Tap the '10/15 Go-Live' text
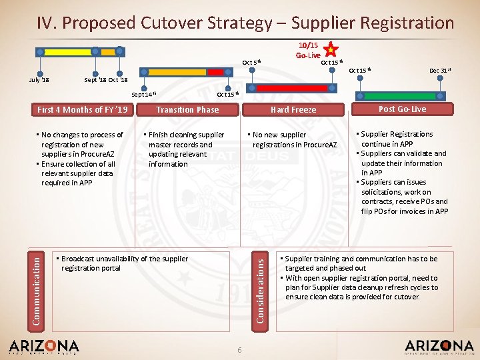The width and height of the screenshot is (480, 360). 309,50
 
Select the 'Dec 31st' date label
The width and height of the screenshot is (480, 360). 439,70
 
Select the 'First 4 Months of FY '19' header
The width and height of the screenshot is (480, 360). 83,109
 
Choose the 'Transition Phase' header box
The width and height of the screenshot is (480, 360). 187,109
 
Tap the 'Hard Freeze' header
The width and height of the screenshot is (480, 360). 293,109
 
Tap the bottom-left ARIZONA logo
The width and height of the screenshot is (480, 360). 44,347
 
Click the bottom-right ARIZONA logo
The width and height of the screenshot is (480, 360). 439,347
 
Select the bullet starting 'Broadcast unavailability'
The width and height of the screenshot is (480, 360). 123,263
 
